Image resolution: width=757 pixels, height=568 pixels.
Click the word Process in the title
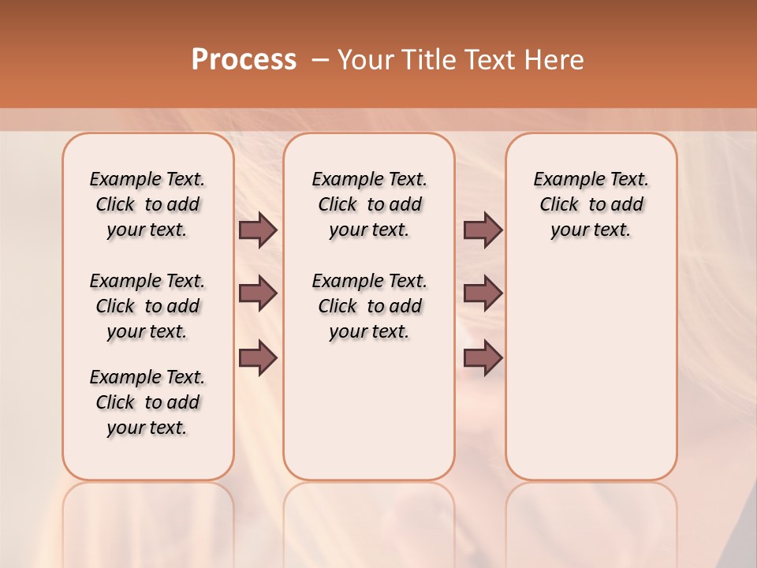click(244, 60)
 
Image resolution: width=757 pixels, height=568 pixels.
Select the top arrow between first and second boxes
click(258, 230)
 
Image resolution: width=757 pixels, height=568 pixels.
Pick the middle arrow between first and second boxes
click(258, 293)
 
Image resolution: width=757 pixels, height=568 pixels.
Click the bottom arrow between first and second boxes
click(258, 357)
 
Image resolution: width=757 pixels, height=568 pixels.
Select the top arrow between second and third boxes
click(483, 230)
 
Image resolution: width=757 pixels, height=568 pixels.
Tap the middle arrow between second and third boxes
click(483, 293)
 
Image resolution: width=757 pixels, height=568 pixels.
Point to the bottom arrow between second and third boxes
click(483, 357)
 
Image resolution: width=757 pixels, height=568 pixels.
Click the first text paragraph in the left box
click(147, 204)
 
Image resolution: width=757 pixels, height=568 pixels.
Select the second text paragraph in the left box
click(147, 306)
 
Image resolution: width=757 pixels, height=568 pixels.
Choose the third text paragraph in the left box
click(147, 402)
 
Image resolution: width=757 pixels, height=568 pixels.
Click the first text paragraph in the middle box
click(369, 204)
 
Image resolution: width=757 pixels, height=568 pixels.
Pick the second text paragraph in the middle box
click(369, 306)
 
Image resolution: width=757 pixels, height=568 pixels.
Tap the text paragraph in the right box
click(591, 204)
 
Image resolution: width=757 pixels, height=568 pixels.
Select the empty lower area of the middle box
click(369, 410)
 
